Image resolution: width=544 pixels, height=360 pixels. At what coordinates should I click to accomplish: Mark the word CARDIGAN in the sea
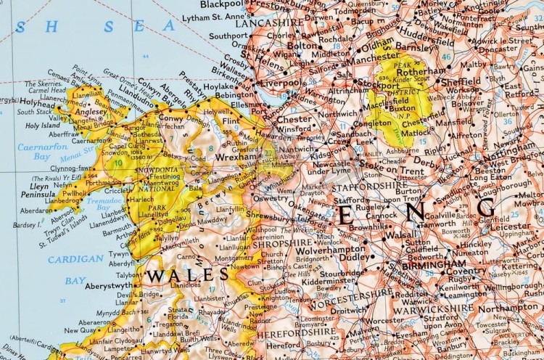pyautogui.click(x=76, y=259)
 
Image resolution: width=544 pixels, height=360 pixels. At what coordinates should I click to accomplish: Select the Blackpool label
pyautogui.click(x=222, y=4)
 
